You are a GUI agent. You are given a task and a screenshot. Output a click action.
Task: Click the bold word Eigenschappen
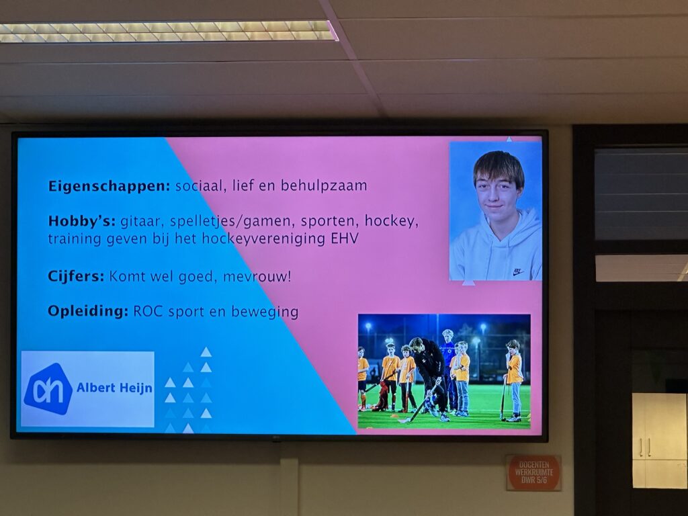click(x=109, y=186)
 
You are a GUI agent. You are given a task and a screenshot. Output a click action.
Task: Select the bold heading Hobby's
click(x=81, y=220)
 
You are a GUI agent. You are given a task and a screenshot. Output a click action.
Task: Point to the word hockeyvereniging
click(x=264, y=239)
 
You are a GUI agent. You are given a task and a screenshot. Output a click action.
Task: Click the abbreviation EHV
click(x=345, y=239)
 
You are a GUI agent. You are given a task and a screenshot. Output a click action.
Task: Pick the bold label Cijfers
click(x=76, y=277)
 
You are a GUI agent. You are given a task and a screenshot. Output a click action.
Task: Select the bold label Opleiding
click(x=88, y=312)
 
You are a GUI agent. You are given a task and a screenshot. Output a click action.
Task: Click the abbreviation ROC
click(x=148, y=312)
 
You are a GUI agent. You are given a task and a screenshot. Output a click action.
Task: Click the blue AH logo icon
click(x=48, y=389)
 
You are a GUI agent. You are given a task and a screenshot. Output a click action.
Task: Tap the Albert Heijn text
click(x=114, y=388)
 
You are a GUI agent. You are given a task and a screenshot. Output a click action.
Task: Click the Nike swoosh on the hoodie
click(x=519, y=273)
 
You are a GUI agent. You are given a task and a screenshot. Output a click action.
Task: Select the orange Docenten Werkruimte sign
click(x=533, y=472)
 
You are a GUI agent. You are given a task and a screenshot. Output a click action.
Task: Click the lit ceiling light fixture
click(x=169, y=31)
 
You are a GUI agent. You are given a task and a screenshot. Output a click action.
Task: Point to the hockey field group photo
click(x=444, y=371)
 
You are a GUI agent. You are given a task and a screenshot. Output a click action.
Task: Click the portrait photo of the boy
click(x=495, y=210)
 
